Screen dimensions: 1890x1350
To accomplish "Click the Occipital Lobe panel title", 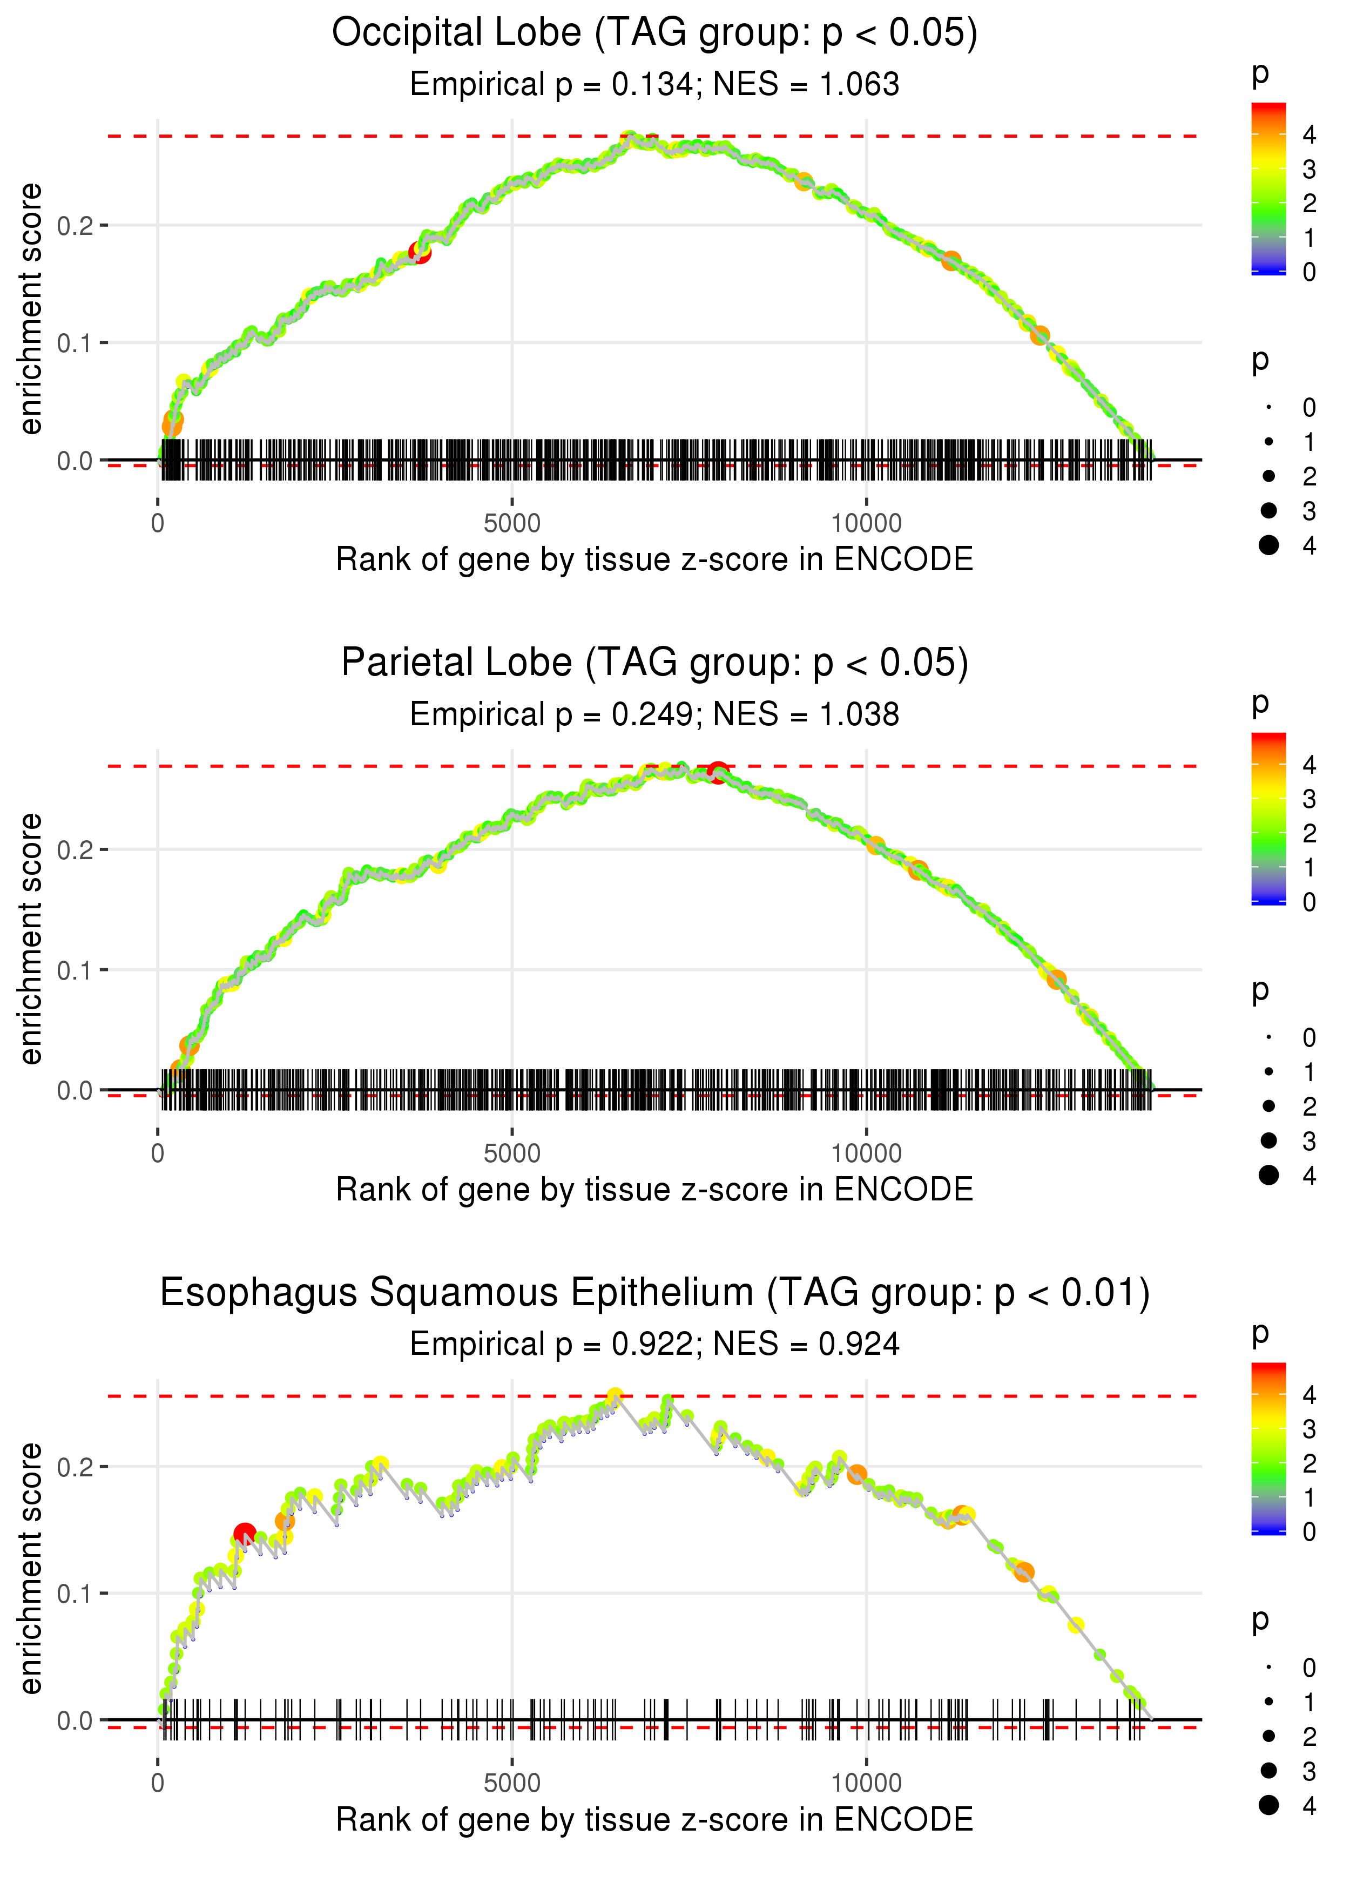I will pyautogui.click(x=654, y=33).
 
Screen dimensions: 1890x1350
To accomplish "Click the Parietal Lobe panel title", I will pyautogui.click(x=654, y=663).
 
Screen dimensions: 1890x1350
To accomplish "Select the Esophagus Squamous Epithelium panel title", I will pyautogui.click(x=654, y=1293).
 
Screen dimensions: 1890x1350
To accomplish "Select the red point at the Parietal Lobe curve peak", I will pyautogui.click(x=718, y=772).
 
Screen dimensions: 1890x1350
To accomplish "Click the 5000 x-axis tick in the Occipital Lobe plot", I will pyautogui.click(x=512, y=524).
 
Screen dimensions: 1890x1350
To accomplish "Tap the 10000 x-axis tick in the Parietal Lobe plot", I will pyautogui.click(x=866, y=1153).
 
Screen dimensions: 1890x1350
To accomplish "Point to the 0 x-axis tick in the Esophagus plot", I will pyautogui.click(x=158, y=1784).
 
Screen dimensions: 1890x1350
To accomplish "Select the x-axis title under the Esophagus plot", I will pyautogui.click(x=654, y=1820).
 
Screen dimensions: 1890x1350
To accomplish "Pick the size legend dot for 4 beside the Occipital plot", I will pyautogui.click(x=1268, y=545).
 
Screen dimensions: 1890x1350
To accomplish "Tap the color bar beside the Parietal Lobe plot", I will pyautogui.click(x=1268, y=819).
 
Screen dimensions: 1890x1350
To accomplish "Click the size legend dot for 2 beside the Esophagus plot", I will pyautogui.click(x=1268, y=1736).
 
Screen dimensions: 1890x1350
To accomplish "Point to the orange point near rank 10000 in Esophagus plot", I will pyautogui.click(x=856, y=1474).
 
